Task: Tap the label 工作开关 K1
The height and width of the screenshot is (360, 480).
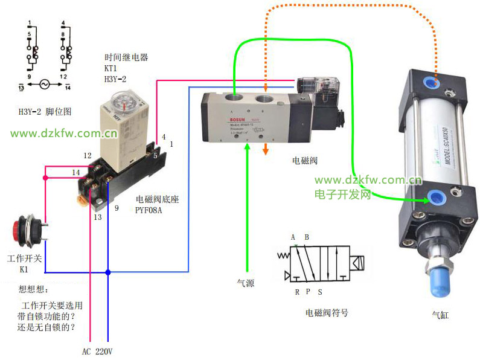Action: click(23, 263)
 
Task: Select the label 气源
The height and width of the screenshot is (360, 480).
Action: click(245, 282)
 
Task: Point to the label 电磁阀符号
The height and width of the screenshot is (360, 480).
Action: click(327, 313)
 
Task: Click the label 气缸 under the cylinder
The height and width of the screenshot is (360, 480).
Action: click(440, 315)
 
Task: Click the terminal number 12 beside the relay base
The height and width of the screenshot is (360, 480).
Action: click(88, 156)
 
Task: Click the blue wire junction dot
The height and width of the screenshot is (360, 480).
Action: click(108, 272)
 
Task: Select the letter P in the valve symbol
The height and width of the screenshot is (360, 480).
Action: click(307, 292)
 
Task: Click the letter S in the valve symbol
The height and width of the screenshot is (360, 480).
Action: click(320, 292)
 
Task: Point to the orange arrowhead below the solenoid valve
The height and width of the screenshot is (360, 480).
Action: click(264, 150)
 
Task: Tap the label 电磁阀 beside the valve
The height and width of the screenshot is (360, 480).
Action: click(304, 161)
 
